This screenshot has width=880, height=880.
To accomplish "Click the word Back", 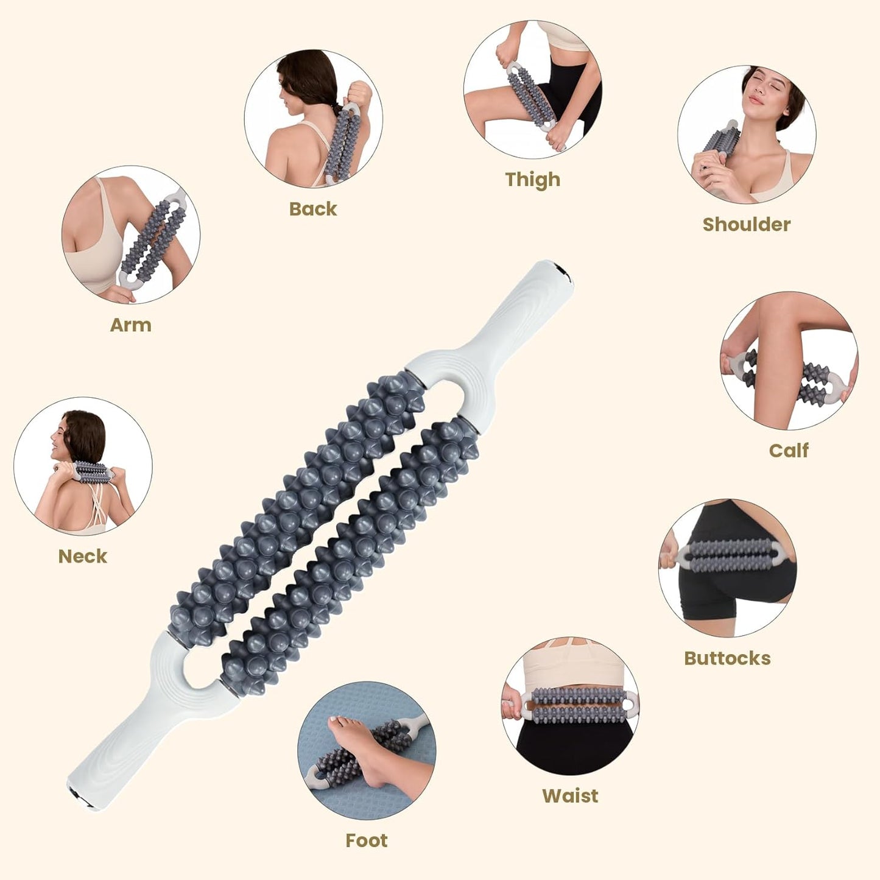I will [x=313, y=209].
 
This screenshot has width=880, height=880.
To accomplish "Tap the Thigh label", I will [x=532, y=180].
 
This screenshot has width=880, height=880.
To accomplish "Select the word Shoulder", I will [x=746, y=224].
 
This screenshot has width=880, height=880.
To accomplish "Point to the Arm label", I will [x=130, y=325].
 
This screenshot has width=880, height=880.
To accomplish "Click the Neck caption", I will [x=82, y=556].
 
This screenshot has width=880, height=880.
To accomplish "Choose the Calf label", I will [x=788, y=451].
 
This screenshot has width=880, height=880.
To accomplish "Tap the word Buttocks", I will [x=727, y=658].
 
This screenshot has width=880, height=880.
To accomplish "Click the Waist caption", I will [x=570, y=795].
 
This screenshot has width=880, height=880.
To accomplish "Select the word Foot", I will [x=366, y=840].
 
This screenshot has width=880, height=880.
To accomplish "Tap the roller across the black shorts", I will [x=731, y=555].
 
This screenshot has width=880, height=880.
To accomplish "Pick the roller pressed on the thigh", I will [x=530, y=97].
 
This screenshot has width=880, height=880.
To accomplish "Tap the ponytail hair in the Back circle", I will [x=323, y=91].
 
